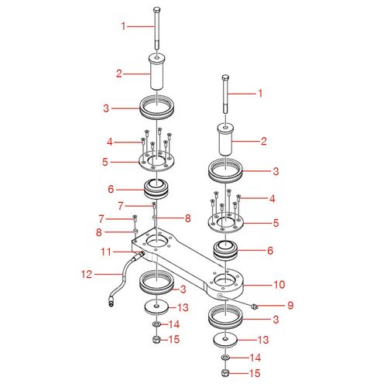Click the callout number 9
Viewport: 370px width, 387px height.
290,304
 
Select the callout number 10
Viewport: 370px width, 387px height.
279,284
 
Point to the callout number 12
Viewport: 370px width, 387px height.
86,273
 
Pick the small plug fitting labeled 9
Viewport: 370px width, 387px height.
254,307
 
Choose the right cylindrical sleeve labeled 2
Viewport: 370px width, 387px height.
225,142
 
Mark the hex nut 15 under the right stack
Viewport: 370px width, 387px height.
225,373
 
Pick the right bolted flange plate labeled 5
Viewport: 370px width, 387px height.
225,224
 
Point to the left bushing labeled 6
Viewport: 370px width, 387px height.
157,188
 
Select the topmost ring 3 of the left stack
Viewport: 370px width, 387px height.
157,104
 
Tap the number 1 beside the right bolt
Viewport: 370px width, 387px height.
261,93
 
